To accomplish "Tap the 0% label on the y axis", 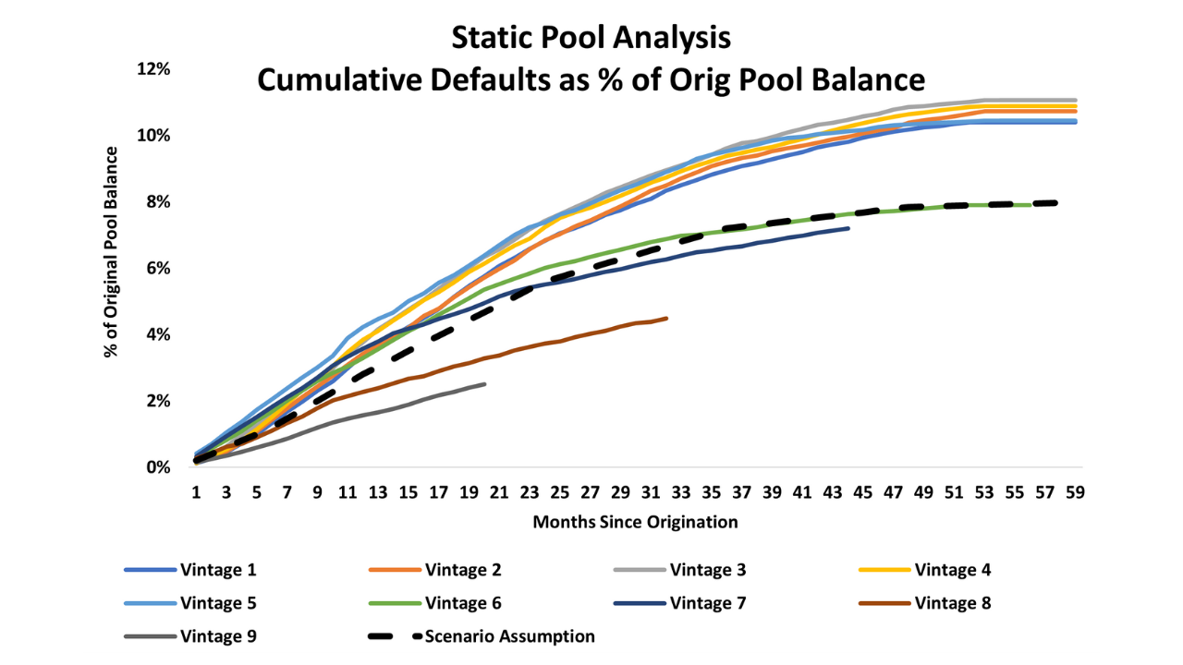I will pos(159,467).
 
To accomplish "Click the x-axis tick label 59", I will pos(1074,492).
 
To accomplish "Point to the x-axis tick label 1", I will pos(196,492).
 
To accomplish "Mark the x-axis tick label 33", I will pos(681,492).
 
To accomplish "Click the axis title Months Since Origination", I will pos(635,523).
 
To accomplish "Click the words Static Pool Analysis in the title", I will pos(591,38).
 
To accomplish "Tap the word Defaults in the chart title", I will pos(467,79).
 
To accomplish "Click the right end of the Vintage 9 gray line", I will pos(484,383).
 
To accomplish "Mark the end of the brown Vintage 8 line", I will pos(666,318).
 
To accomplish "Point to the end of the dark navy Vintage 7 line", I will pos(848,228).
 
